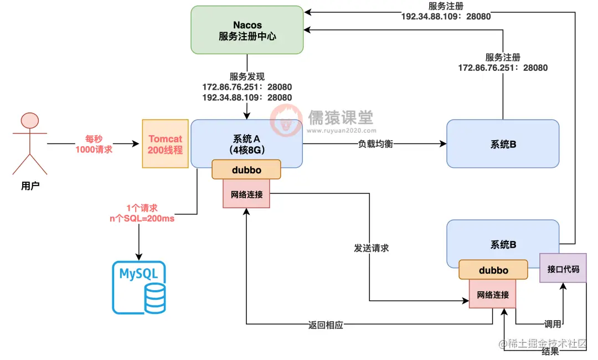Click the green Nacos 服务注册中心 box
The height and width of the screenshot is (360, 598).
coord(247,30)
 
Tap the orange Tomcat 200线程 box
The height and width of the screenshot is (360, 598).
coord(166,143)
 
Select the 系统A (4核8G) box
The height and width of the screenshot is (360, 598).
coord(246,143)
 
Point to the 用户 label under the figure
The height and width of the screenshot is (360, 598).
coord(29,186)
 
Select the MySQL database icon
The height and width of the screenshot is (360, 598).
coord(139,287)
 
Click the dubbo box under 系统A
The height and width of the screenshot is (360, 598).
coord(246,169)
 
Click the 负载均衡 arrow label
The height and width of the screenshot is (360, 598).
coord(374,144)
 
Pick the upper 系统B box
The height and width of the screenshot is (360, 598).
coord(503,144)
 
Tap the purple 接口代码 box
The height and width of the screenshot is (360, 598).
coord(563,269)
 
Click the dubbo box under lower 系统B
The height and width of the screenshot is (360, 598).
coord(493,270)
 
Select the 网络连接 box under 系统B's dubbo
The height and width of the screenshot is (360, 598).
coord(492,294)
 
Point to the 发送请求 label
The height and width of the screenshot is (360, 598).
coord(371,248)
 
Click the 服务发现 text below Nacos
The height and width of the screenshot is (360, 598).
coord(247,76)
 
